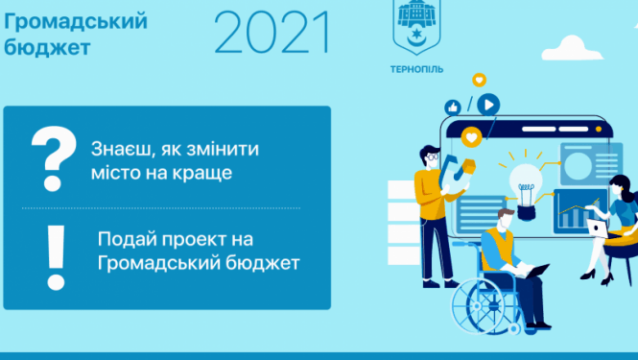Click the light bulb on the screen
(x=526, y=180)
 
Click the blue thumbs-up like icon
(x=452, y=108)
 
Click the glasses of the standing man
(x=433, y=156)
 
